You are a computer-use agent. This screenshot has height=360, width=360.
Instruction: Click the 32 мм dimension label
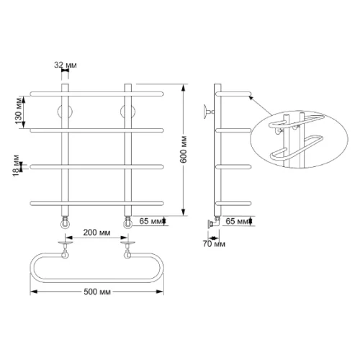point(66,65)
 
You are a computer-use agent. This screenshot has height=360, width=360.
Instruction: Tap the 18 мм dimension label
point(17,166)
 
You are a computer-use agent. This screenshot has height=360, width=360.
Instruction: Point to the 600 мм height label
point(184,150)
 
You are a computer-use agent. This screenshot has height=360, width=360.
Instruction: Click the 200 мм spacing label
point(96,233)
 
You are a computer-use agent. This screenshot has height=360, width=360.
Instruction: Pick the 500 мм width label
point(97,292)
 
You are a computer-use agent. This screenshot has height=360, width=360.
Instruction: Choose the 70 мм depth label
point(214,244)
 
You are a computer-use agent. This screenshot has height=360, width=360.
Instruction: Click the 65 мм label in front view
point(150,221)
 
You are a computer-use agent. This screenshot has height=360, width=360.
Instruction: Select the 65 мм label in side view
point(237,221)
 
